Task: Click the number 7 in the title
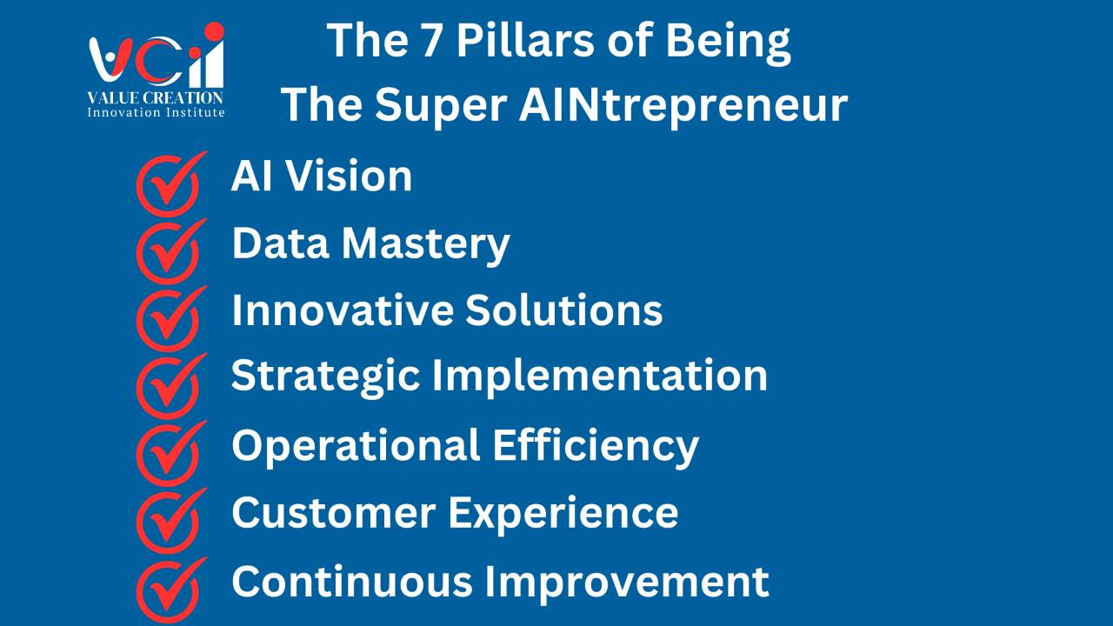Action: pos(430,41)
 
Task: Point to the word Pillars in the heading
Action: pos(524,40)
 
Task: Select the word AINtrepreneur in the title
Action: pos(683,105)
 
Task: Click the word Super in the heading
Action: pos(441,106)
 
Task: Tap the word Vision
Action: pos(349,176)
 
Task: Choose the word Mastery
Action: pos(426,245)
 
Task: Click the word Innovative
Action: pos(343,310)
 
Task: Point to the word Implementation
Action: pos(600,376)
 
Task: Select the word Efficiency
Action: pos(596,446)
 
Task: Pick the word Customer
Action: pos(334,512)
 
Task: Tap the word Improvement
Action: pos(627,583)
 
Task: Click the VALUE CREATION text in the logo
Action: pos(156,97)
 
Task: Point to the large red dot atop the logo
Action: pos(214,30)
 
